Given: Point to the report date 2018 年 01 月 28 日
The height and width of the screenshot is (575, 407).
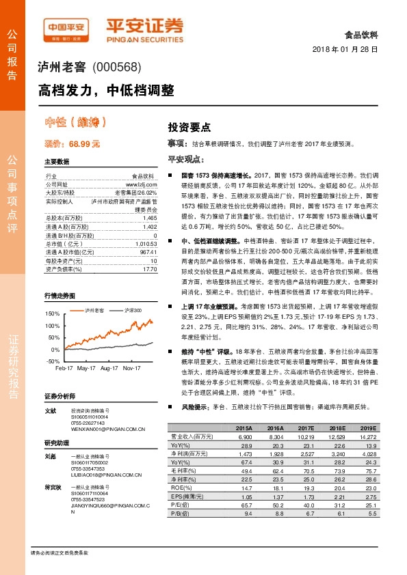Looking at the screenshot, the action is pos(345,51).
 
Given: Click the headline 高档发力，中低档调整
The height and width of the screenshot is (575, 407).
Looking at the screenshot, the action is pos(106,90).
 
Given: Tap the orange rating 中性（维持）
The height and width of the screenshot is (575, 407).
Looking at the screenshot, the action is pos(75,123).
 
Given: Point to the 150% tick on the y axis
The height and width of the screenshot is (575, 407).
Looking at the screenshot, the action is pos(53,313).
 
